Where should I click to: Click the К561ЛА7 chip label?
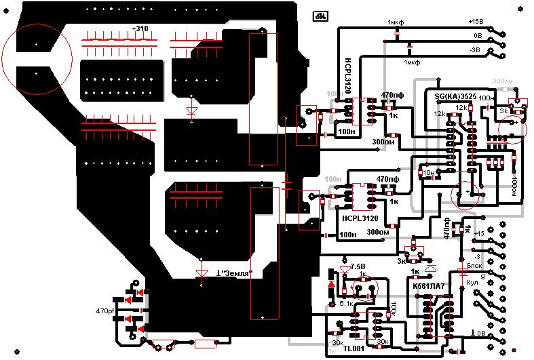429,287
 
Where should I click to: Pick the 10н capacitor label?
427,173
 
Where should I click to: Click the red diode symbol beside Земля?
201,274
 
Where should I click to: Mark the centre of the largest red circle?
37,58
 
